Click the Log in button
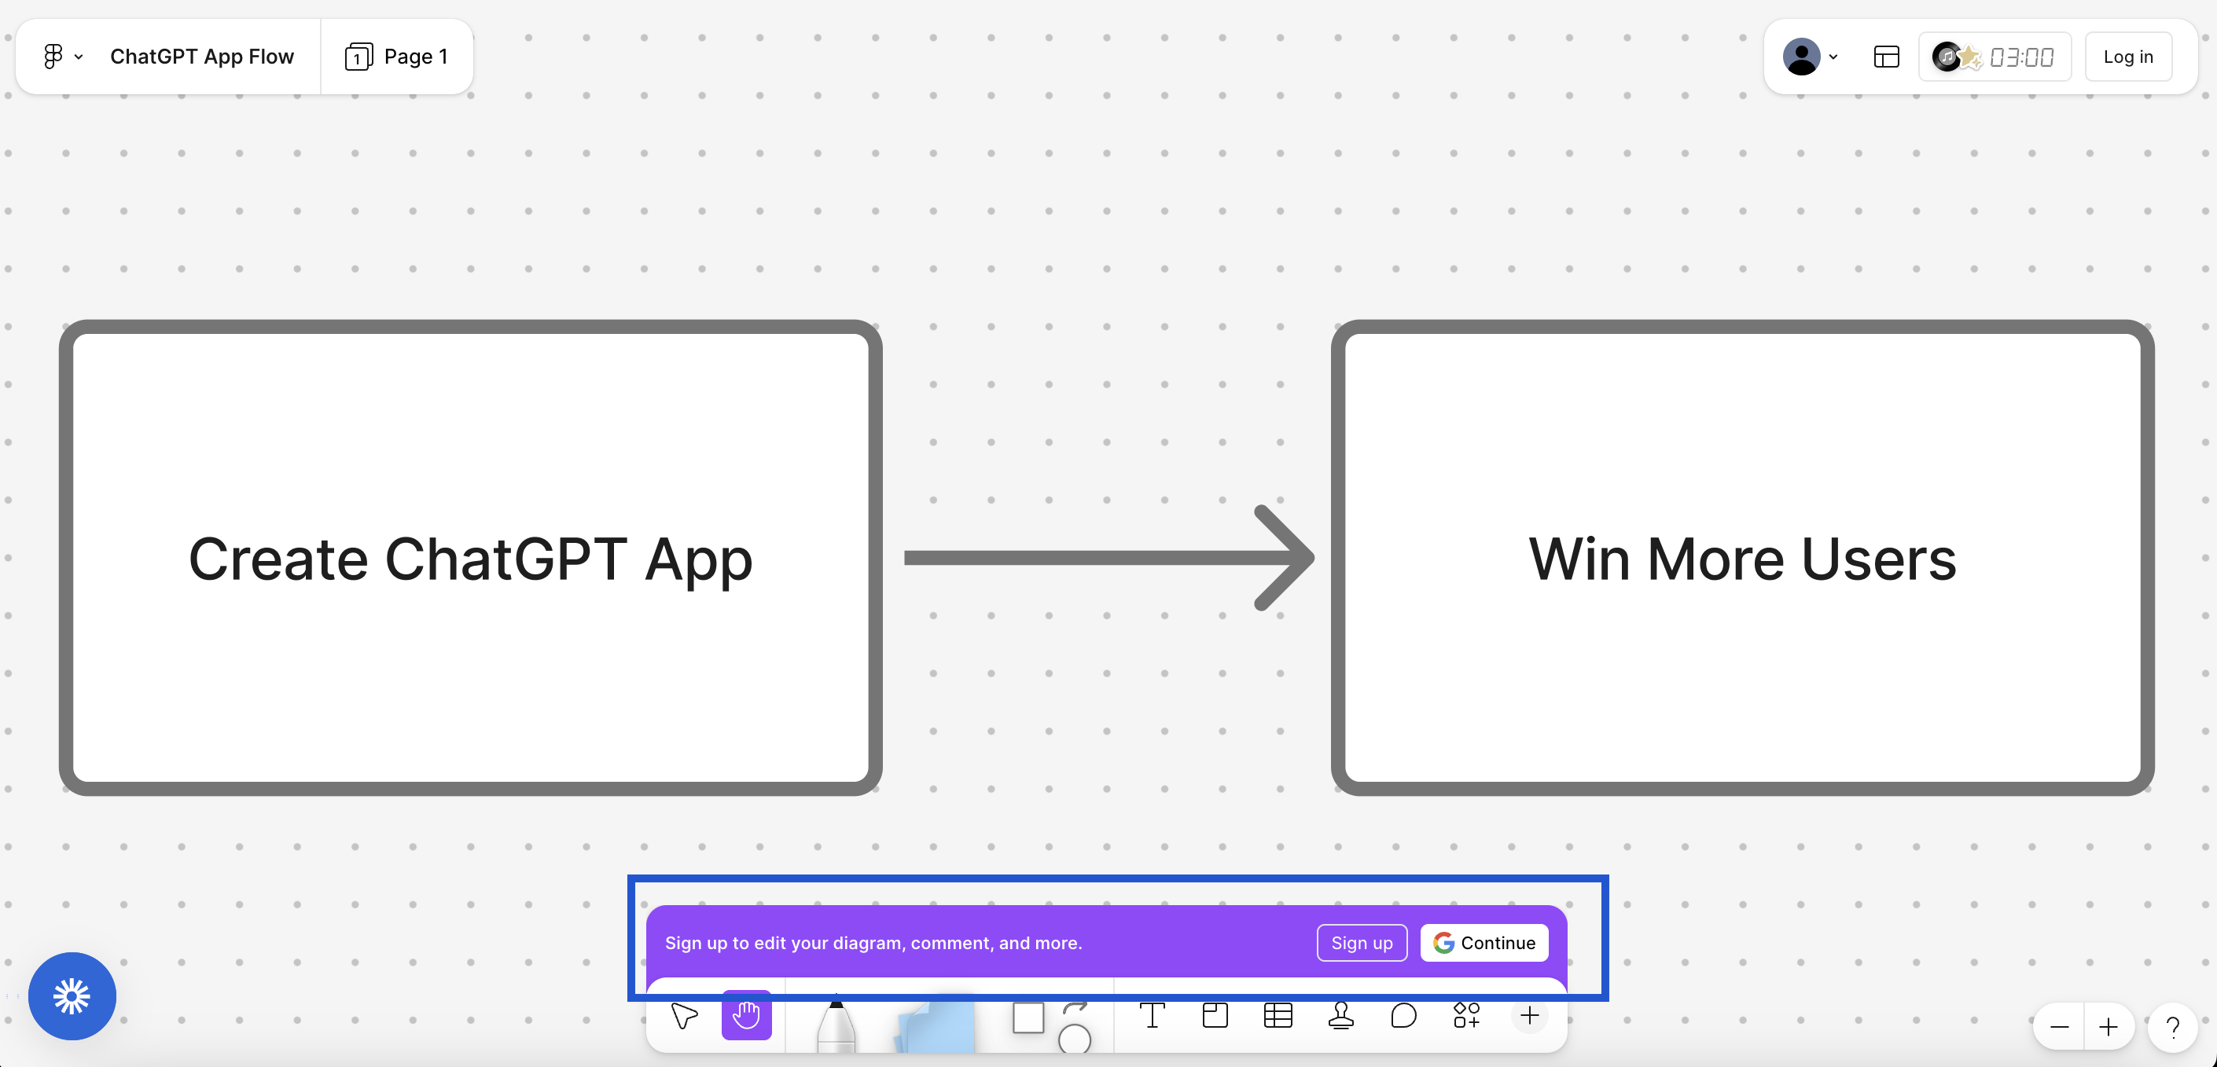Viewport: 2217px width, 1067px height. pos(2127,57)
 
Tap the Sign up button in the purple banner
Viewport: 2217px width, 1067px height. pos(1362,942)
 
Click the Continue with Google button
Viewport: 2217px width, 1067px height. pos(1484,942)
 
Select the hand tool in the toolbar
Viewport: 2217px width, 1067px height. pos(746,1016)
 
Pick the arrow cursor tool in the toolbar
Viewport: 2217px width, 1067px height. pos(684,1016)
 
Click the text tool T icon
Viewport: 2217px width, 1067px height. pos(1152,1016)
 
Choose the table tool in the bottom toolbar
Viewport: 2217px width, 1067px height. pos(1278,1016)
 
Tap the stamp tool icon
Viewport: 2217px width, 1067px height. pos(1341,1016)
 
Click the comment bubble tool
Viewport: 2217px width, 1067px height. pos(1403,1016)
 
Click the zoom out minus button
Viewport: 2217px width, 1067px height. pos(2059,1027)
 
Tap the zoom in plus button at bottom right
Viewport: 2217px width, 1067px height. pos(2109,1027)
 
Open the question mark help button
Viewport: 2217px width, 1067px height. pos(2172,1027)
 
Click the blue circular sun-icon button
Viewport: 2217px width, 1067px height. pos(72,995)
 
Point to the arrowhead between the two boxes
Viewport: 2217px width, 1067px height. pos(1287,558)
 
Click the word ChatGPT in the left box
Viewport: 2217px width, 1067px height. pos(506,559)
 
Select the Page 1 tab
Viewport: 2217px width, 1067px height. pos(397,57)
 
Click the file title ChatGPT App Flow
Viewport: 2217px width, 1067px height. pos(201,57)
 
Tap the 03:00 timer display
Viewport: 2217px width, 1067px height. pos(2020,57)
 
